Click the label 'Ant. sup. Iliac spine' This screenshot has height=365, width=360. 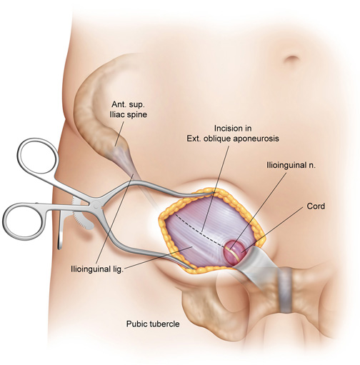(x=128, y=109)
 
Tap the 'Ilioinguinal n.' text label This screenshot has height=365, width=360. (x=291, y=165)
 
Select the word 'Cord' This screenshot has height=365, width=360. (x=316, y=206)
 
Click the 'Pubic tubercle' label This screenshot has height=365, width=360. (x=153, y=324)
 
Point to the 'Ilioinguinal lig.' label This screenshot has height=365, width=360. (x=97, y=269)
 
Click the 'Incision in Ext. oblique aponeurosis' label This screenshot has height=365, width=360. (x=233, y=134)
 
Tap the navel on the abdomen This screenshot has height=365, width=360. (x=292, y=58)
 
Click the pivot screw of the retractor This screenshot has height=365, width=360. (x=95, y=204)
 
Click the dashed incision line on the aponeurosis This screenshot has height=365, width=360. (x=200, y=231)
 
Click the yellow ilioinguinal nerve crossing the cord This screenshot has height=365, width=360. (x=234, y=252)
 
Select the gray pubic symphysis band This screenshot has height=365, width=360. (x=285, y=290)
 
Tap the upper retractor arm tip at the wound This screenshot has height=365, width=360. (x=209, y=194)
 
